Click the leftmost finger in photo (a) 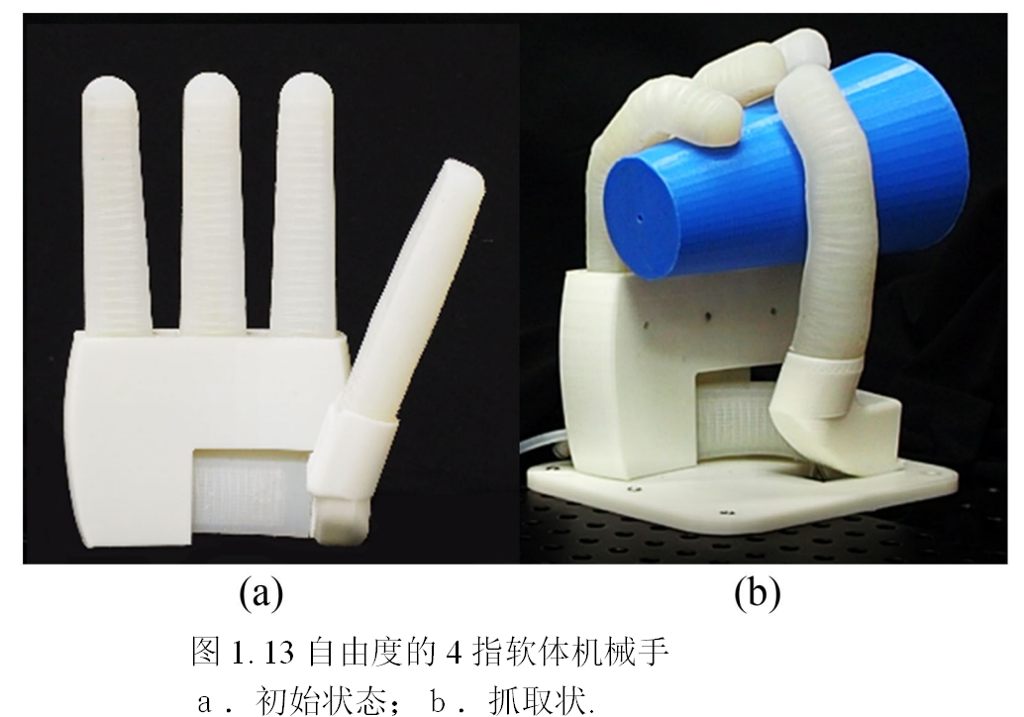[115, 202]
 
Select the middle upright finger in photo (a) [212, 202]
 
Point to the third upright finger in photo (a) [306, 202]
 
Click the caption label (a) [261, 593]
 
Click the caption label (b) [758, 593]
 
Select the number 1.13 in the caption [261, 653]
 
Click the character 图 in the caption [206, 652]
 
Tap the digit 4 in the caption [454, 653]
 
